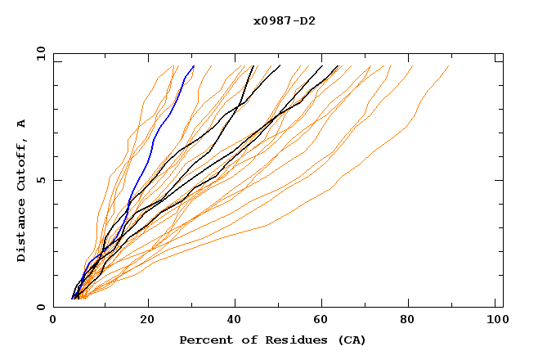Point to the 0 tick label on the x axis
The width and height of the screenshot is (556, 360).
[53, 320]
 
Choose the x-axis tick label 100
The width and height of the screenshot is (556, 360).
[496, 320]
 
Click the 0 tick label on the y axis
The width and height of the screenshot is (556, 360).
[41, 307]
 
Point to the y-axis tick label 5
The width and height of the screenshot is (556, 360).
[41, 180]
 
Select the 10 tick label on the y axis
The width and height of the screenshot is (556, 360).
[38, 53]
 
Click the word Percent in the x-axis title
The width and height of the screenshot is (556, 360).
[202, 340]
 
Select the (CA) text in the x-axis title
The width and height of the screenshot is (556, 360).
[349, 340]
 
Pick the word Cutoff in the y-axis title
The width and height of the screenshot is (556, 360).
[21, 166]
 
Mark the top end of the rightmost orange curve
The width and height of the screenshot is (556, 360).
[449, 66]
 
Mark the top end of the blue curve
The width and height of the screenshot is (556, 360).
[194, 66]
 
